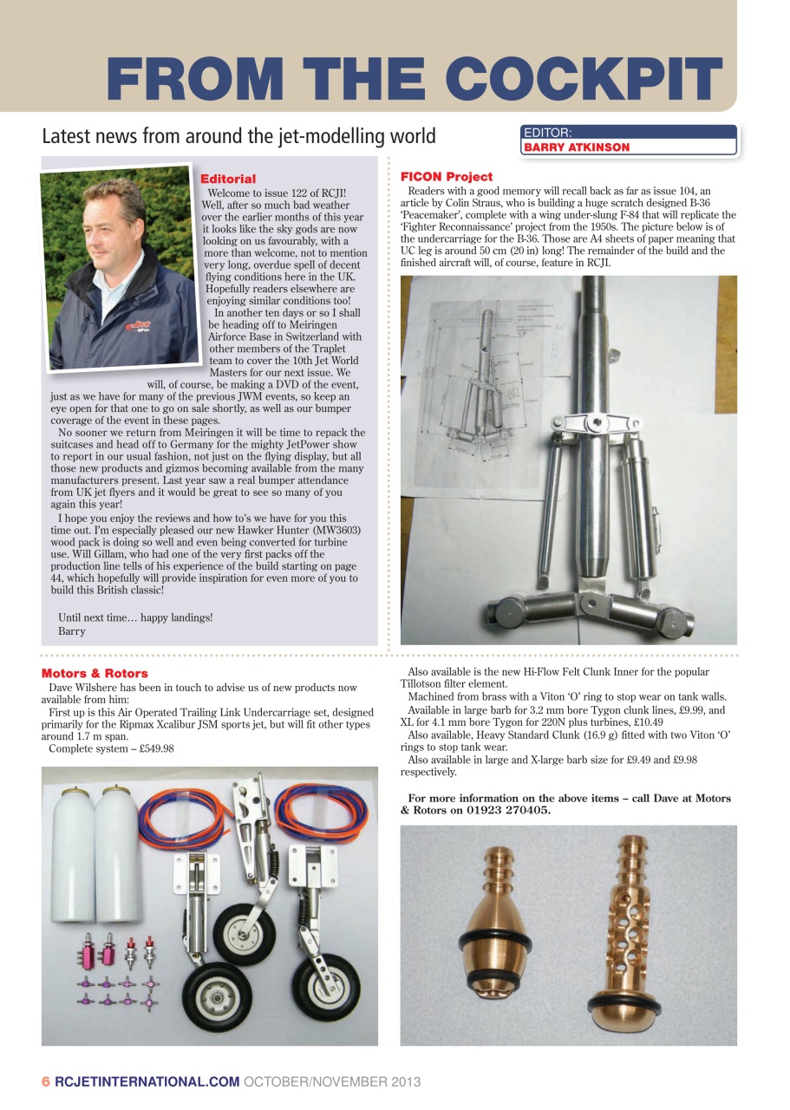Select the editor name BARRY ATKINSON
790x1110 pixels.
coord(576,147)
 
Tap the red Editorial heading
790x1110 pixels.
coord(228,179)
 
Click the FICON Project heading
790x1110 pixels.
coord(447,176)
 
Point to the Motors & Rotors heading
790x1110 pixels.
coord(95,673)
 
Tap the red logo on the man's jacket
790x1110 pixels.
coord(138,327)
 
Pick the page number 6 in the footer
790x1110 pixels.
coord(46,1081)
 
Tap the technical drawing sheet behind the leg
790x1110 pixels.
coord(486,382)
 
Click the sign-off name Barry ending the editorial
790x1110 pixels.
coord(71,631)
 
